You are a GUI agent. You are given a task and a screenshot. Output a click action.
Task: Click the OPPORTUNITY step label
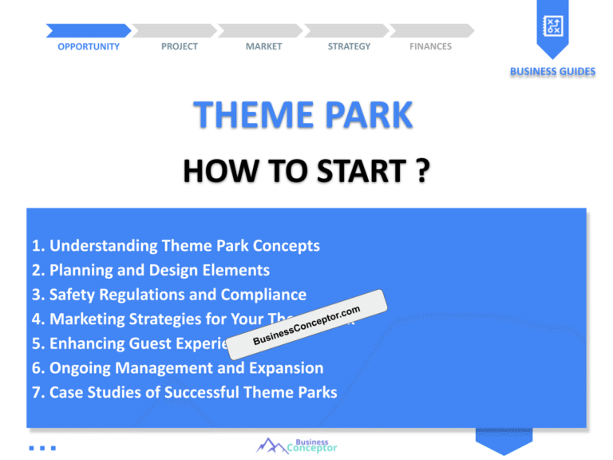coord(89,46)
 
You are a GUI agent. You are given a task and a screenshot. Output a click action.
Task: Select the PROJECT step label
coord(180,46)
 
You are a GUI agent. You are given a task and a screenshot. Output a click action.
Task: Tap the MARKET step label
coord(263,46)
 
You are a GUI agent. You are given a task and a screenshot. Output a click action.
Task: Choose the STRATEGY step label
coord(349,46)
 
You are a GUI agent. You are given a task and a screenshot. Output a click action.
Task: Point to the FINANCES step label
coord(430,46)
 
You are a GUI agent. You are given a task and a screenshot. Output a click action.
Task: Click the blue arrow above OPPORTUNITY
coord(88,30)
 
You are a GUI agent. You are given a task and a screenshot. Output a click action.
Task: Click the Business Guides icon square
coord(552,27)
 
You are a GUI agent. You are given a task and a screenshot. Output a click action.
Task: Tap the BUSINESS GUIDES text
coord(552,72)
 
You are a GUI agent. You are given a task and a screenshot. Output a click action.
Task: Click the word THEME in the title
coord(252,116)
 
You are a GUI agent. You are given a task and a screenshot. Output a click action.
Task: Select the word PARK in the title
coord(368,116)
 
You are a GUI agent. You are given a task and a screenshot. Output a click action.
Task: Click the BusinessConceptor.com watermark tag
coord(306,325)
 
